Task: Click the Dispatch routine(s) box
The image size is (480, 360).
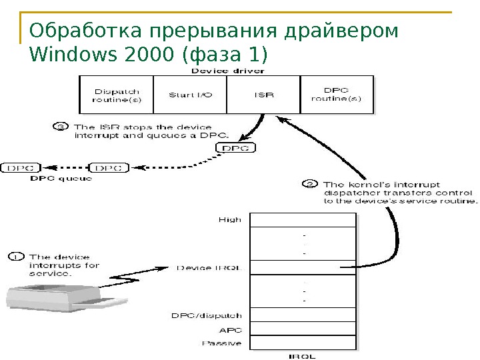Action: coord(117,95)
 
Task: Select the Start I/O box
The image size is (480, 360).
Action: coord(190,95)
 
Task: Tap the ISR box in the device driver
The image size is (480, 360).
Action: coord(264,95)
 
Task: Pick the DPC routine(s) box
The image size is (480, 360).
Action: coord(337,95)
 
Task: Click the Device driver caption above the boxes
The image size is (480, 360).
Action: coord(227,70)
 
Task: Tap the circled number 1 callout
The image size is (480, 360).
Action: coord(16,256)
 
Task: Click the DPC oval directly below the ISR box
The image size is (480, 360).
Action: coord(237,148)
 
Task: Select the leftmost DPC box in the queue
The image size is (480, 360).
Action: coord(22,168)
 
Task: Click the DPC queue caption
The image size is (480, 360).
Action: coord(61,179)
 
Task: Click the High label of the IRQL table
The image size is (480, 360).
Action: coord(231,219)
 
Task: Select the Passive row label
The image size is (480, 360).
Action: coord(222,343)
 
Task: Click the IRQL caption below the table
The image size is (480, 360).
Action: coord(302,356)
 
